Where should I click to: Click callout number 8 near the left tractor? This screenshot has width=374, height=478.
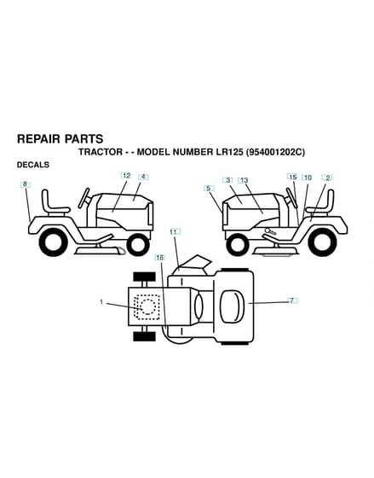click(26, 184)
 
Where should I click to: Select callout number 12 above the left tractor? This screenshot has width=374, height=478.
click(126, 176)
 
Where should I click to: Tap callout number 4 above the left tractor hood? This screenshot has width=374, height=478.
click(143, 177)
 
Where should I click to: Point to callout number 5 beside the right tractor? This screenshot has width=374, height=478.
click(208, 188)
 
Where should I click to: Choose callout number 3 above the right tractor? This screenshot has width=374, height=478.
click(228, 180)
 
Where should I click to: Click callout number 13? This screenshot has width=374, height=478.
click(244, 180)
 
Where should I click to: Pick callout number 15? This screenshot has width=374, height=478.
click(293, 177)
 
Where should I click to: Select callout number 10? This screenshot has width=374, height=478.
click(308, 178)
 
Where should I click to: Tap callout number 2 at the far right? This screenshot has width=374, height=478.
click(328, 178)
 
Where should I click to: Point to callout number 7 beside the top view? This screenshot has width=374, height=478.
click(292, 300)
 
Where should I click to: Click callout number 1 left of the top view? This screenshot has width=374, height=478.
click(101, 302)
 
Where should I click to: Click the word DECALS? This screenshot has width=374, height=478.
click(33, 165)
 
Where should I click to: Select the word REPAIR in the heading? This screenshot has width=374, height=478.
click(38, 138)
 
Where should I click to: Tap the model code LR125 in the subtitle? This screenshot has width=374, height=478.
click(228, 152)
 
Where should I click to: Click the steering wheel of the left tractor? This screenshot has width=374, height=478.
click(84, 198)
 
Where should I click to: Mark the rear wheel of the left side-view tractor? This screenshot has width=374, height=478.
click(54, 242)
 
